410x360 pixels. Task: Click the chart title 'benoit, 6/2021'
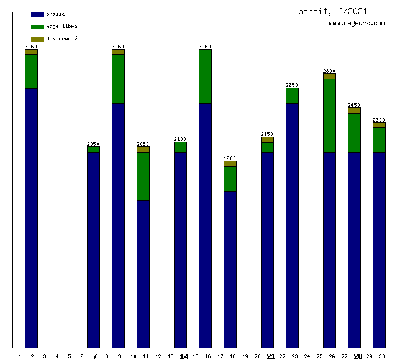[x=332, y=11]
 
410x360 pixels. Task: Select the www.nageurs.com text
[x=357, y=24]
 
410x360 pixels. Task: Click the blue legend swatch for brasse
[x=37, y=14]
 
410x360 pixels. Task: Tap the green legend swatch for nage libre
[x=37, y=27]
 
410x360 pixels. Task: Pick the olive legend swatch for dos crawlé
[x=37, y=39]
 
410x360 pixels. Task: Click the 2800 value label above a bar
[x=329, y=71]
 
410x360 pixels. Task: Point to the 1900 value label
[x=230, y=158]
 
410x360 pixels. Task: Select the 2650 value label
[x=292, y=85]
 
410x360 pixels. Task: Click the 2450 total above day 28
[x=354, y=105]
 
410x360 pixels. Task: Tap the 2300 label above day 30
[x=379, y=120]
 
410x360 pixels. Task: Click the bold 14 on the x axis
[x=184, y=356]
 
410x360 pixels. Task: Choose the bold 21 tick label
[x=271, y=356]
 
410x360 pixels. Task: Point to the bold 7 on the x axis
[x=94, y=356]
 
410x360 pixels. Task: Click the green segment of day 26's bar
[x=329, y=115]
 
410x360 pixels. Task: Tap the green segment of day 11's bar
[x=143, y=176]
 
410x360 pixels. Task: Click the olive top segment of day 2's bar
[x=31, y=52]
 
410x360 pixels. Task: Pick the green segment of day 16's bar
[x=205, y=76]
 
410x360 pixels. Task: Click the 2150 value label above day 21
[x=267, y=134]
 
